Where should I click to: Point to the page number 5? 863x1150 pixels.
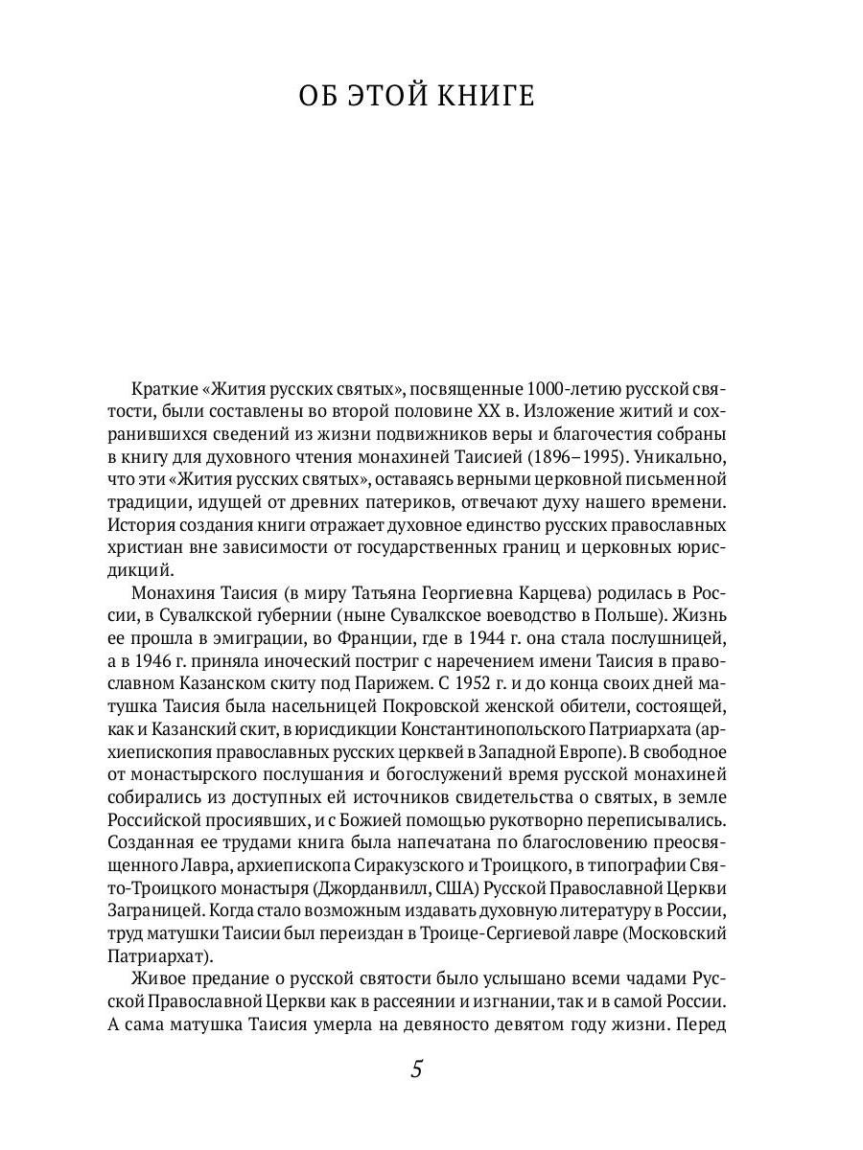416,1069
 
